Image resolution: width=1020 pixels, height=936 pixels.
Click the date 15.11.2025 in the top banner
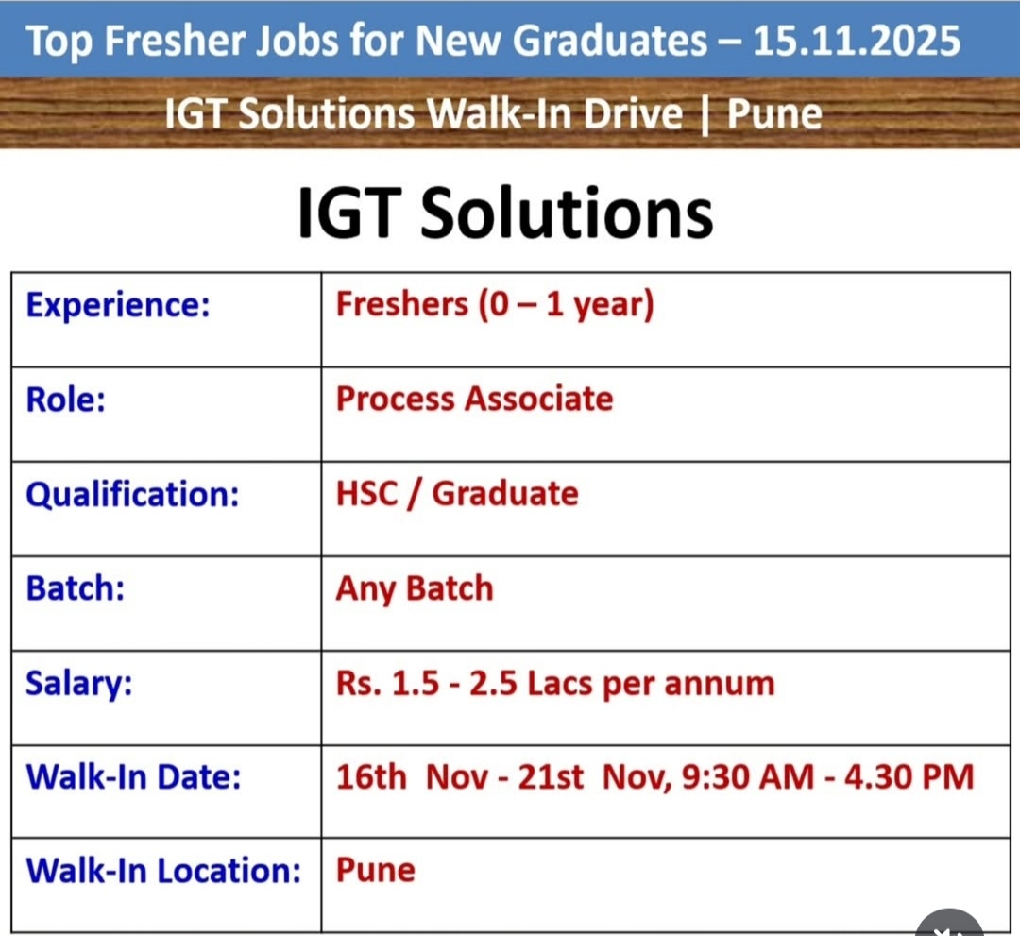pos(856,41)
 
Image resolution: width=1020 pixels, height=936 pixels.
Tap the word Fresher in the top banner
pos(175,41)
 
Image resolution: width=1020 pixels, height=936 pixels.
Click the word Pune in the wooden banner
pos(774,114)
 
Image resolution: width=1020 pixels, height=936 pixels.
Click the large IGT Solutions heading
pos(505,213)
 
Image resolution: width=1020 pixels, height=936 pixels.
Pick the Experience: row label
pos(118,304)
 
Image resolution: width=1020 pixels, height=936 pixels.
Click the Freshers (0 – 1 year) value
pos(494,304)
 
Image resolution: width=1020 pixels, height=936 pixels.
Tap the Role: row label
pos(65,400)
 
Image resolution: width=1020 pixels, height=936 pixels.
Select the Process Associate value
pos(474,399)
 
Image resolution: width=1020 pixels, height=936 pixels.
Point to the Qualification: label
pos(132,494)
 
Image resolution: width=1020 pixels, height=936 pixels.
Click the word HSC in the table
pos(366,494)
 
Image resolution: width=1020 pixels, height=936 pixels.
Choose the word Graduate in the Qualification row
pos(504,494)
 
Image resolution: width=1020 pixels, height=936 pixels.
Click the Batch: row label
pos(75,588)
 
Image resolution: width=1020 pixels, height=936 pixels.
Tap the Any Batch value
pos(415,589)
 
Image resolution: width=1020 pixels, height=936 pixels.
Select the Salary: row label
pos(78,684)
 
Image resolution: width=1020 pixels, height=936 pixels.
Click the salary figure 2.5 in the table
pos(493,684)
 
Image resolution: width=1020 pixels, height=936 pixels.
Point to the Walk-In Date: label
pos(133,776)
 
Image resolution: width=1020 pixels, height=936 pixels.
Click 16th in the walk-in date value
pos(371,776)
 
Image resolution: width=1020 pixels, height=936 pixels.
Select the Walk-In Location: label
pos(163,870)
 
